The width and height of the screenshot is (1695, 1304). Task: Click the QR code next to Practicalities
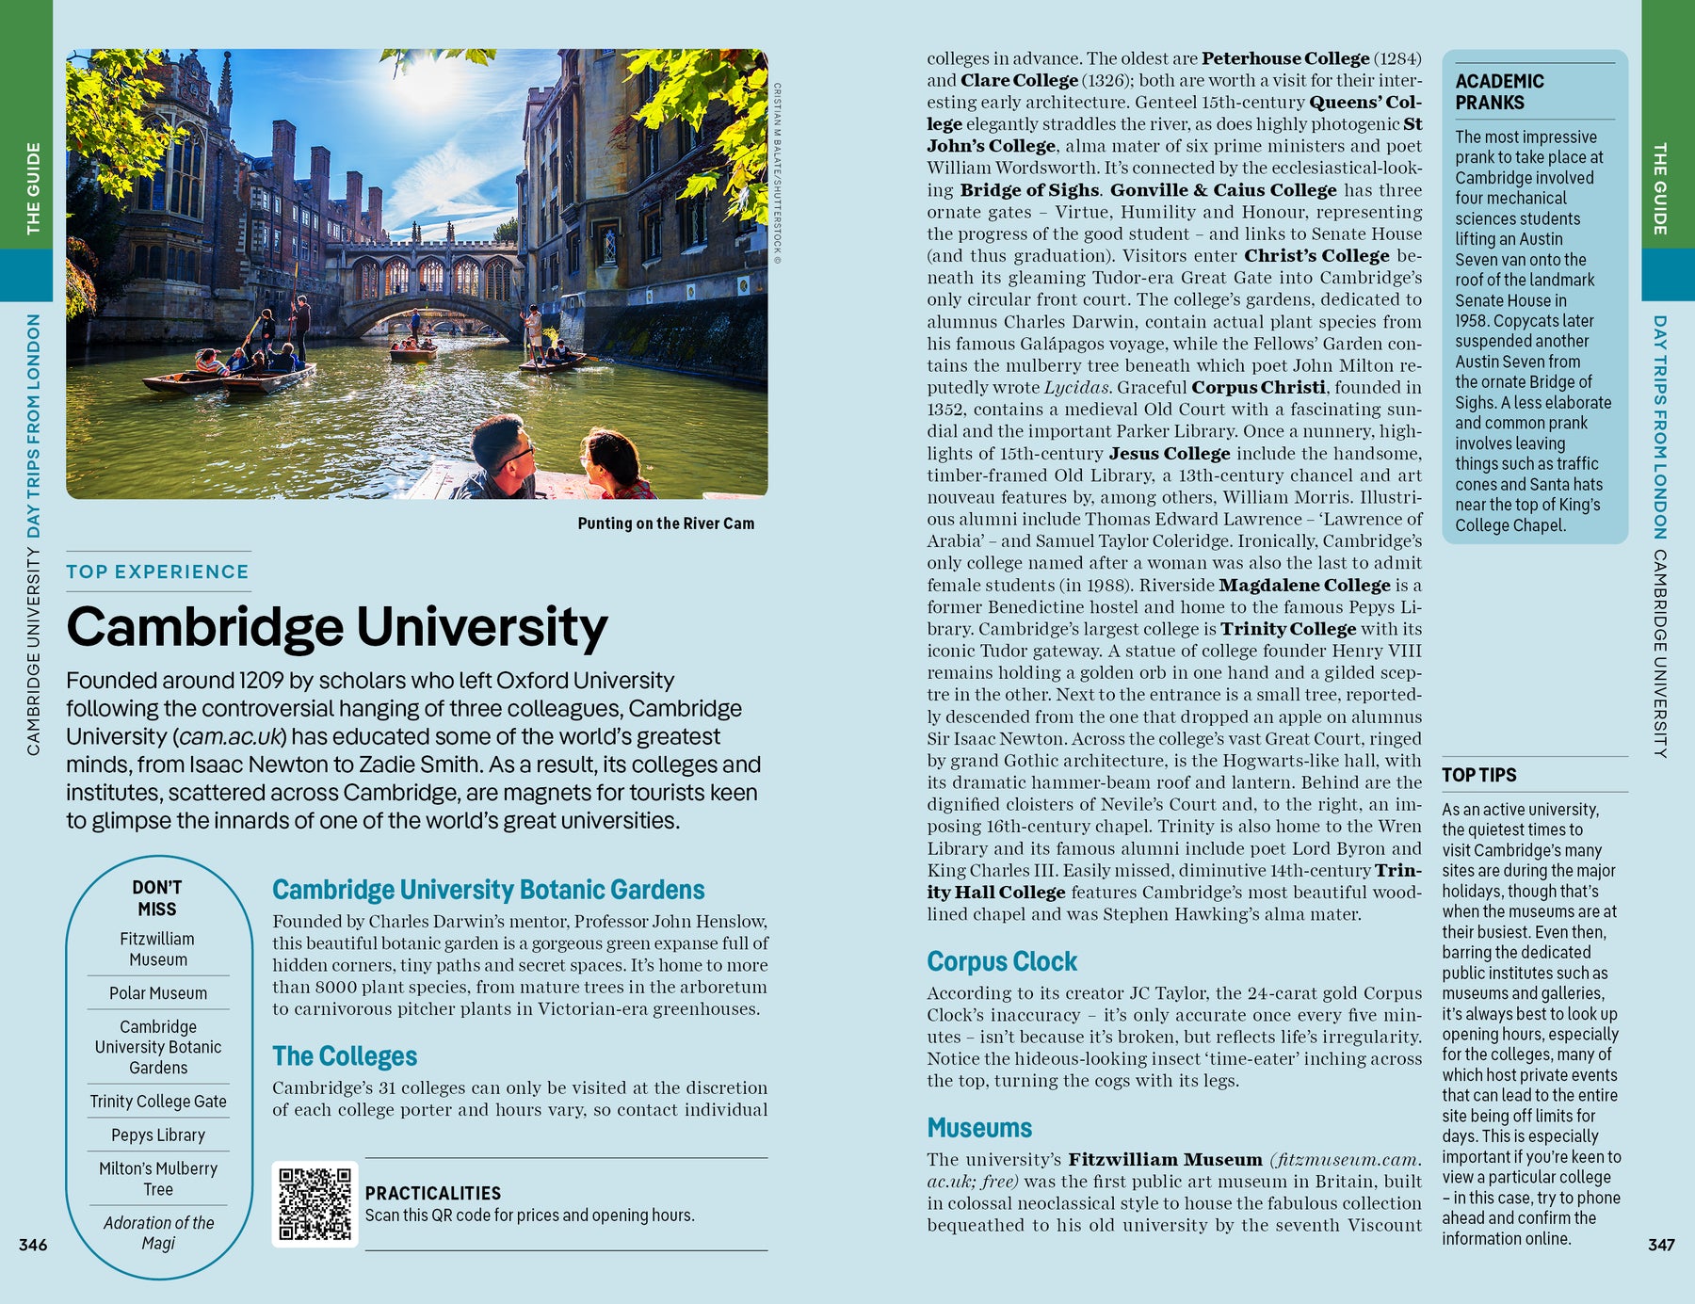pos(315,1204)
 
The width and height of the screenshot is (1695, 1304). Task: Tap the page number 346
pos(33,1245)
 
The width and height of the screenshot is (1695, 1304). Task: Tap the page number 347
pos(1661,1245)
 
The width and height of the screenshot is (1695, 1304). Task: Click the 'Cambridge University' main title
pos(337,627)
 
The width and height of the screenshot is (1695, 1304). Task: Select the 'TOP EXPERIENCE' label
pos(157,572)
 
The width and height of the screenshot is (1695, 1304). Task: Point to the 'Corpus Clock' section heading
pos(1001,961)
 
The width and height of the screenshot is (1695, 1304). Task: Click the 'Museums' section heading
pos(979,1128)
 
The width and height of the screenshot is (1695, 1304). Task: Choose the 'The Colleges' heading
pos(345,1056)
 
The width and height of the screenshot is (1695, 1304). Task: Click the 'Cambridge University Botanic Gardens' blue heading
pos(488,890)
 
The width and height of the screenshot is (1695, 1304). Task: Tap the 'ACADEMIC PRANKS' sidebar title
pos(1499,91)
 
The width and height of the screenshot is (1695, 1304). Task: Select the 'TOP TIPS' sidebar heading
pos(1478,775)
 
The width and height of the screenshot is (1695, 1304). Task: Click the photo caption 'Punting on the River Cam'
pos(666,523)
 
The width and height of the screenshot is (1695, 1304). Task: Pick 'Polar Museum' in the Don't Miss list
pos(158,993)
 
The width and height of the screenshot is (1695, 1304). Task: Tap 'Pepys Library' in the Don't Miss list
pos(158,1135)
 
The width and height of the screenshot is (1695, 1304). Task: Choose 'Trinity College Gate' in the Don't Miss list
pos(158,1102)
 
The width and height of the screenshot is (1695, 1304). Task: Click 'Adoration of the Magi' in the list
pos(158,1232)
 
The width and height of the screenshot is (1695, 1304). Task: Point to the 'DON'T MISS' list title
pos(157,898)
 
